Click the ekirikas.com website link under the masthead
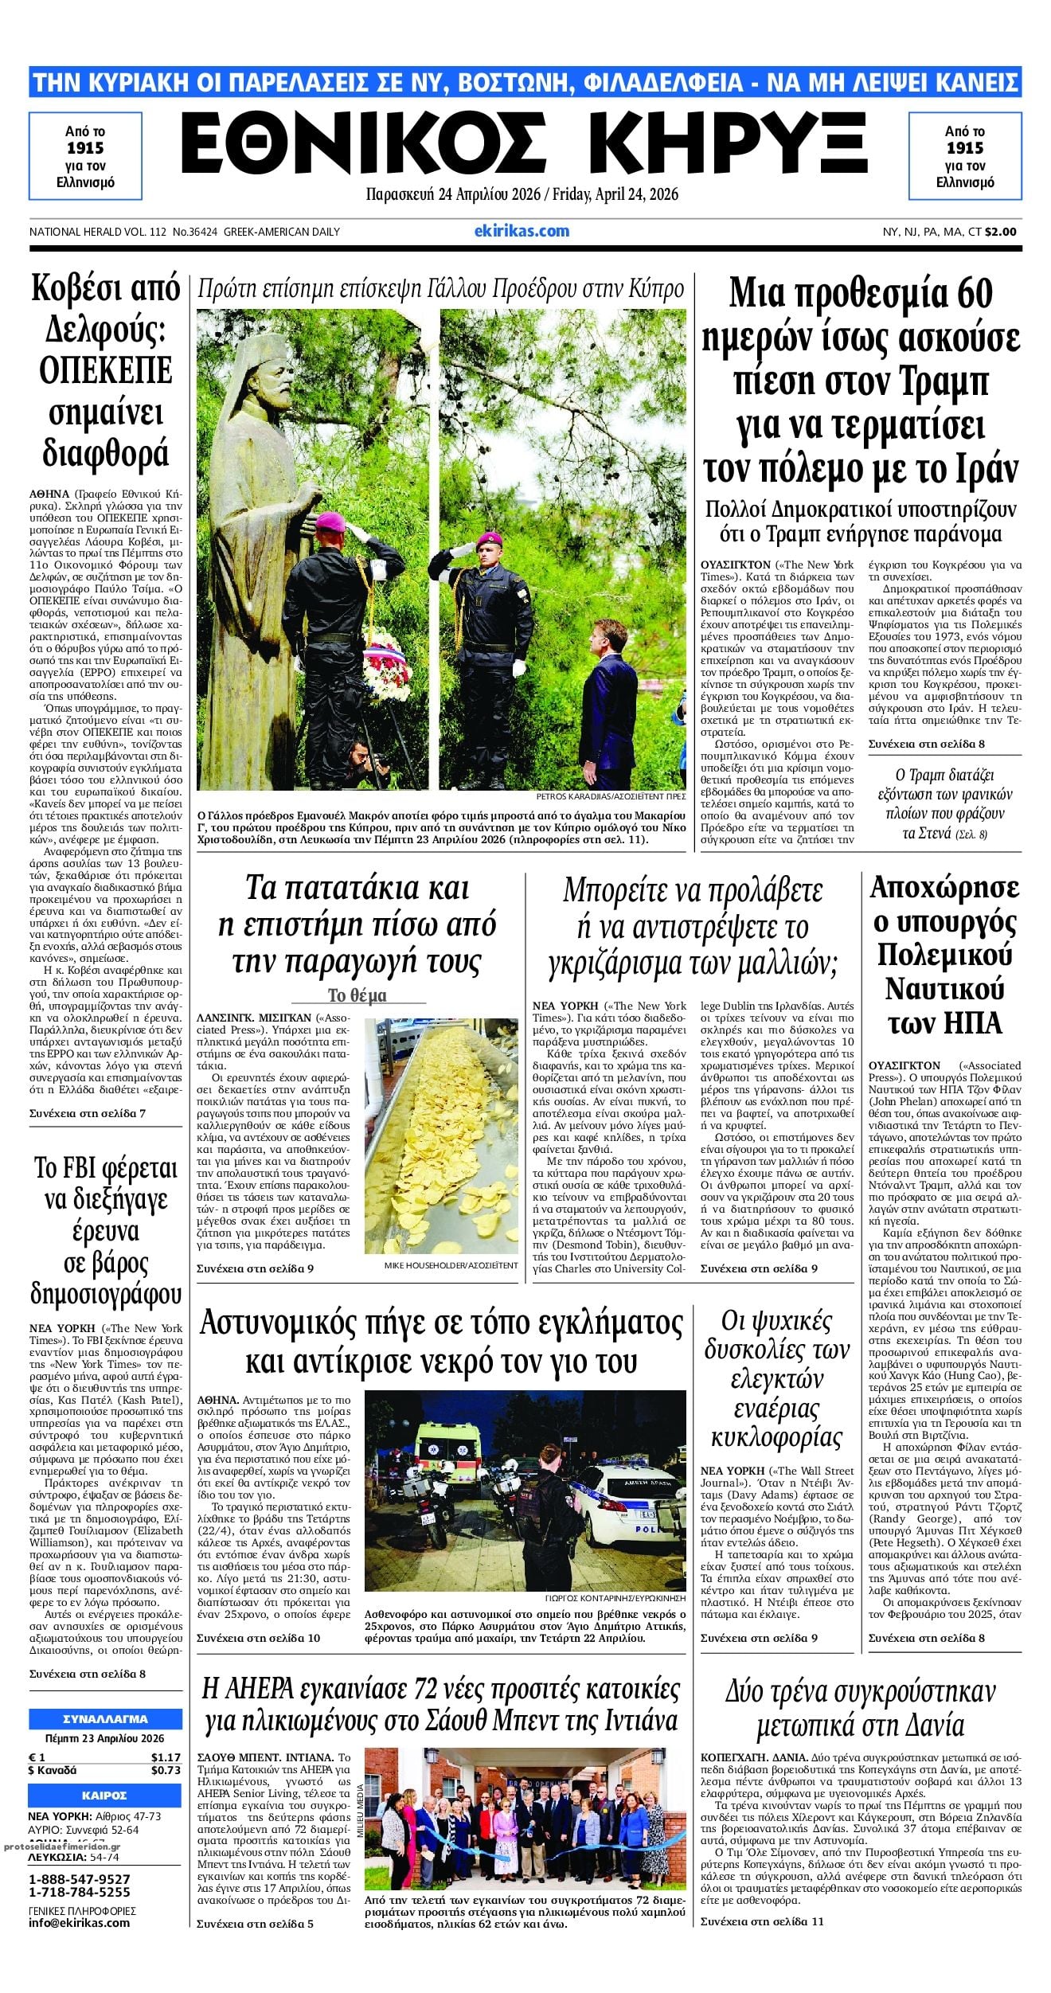522,231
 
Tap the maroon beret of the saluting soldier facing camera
487,543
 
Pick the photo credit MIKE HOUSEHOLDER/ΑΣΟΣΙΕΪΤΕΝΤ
451,1265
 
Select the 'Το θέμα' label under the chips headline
357,995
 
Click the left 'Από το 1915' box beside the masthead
85,156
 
